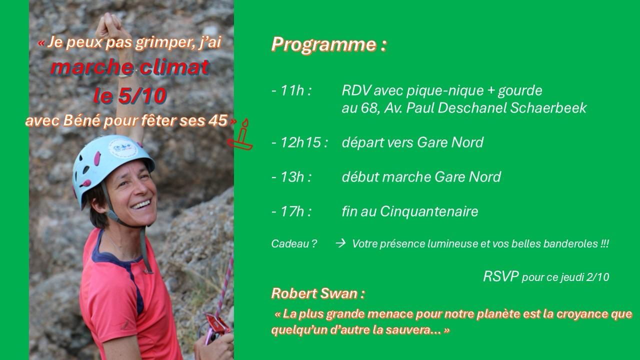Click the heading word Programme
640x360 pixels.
tap(323, 45)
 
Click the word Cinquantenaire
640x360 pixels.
tap(429, 211)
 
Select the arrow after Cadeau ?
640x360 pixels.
tap(340, 243)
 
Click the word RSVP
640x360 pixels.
tap(501, 276)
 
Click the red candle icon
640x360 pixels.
tap(240, 135)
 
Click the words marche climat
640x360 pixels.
tap(130, 67)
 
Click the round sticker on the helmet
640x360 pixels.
tap(123, 148)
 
